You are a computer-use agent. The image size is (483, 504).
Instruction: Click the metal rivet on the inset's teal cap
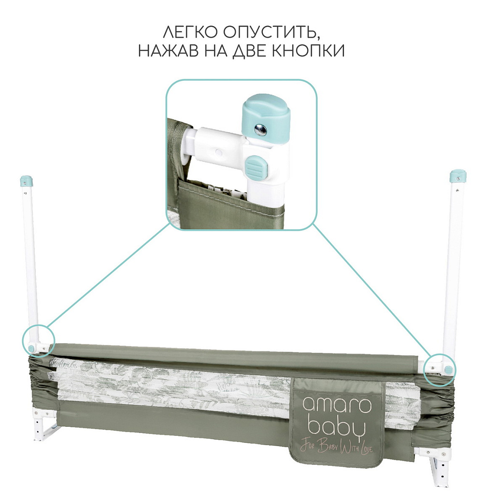coord(260,129)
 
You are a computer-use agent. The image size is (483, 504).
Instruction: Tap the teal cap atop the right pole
coord(457,176)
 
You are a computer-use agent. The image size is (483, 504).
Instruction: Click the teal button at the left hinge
coord(31,348)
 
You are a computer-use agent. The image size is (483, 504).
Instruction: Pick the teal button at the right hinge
coord(449,369)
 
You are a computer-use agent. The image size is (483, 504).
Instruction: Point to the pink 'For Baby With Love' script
coord(336,448)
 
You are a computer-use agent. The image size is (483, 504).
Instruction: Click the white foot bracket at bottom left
coord(43,421)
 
